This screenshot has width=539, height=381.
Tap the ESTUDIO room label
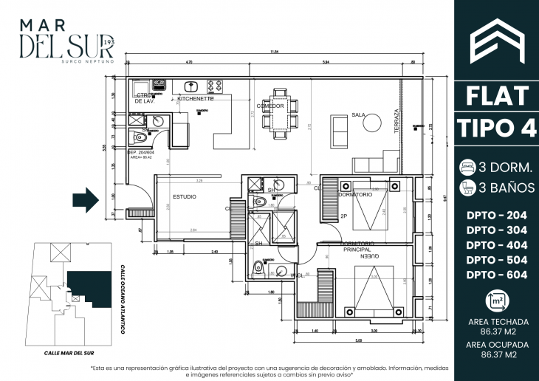[x=184, y=197]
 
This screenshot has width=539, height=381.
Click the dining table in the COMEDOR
[x=280, y=114]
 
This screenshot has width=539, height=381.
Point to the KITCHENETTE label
[x=196, y=98]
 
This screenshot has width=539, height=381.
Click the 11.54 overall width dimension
[x=275, y=52]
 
